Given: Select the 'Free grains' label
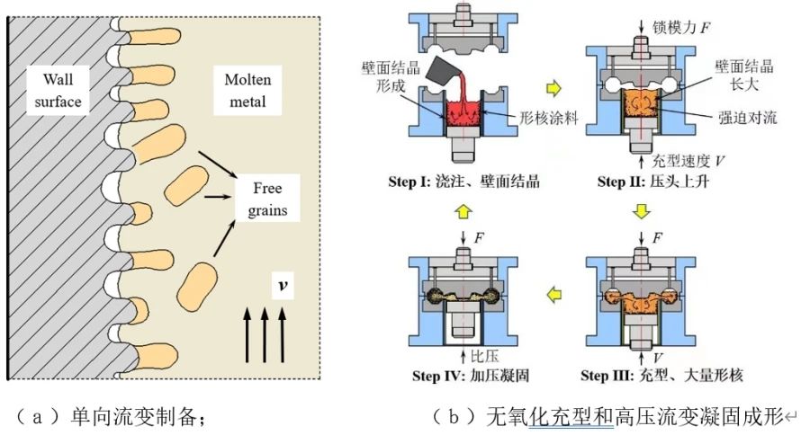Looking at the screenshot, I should (269, 200).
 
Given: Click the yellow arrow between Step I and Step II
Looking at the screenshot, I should (553, 88).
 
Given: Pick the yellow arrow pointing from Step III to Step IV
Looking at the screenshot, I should (553, 291).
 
